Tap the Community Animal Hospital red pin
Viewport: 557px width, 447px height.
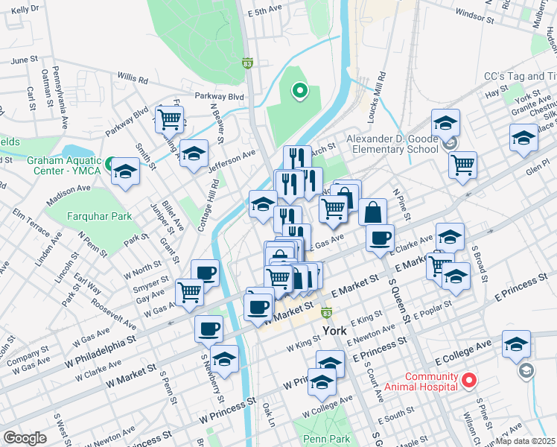[x=468, y=381]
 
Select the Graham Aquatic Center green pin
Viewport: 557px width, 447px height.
[x=110, y=163]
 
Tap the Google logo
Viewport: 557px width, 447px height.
[x=25, y=437]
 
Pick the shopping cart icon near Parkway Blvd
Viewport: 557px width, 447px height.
[x=170, y=118]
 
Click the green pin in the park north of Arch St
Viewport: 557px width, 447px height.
[x=299, y=92]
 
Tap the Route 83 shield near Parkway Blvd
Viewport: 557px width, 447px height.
[x=246, y=65]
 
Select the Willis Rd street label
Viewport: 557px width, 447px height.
[x=133, y=77]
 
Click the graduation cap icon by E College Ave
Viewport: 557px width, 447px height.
[x=516, y=343]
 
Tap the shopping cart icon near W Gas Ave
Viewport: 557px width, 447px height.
[x=190, y=292]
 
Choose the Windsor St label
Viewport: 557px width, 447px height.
[x=474, y=13]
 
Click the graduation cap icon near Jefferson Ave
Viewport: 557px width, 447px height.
[x=194, y=153]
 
